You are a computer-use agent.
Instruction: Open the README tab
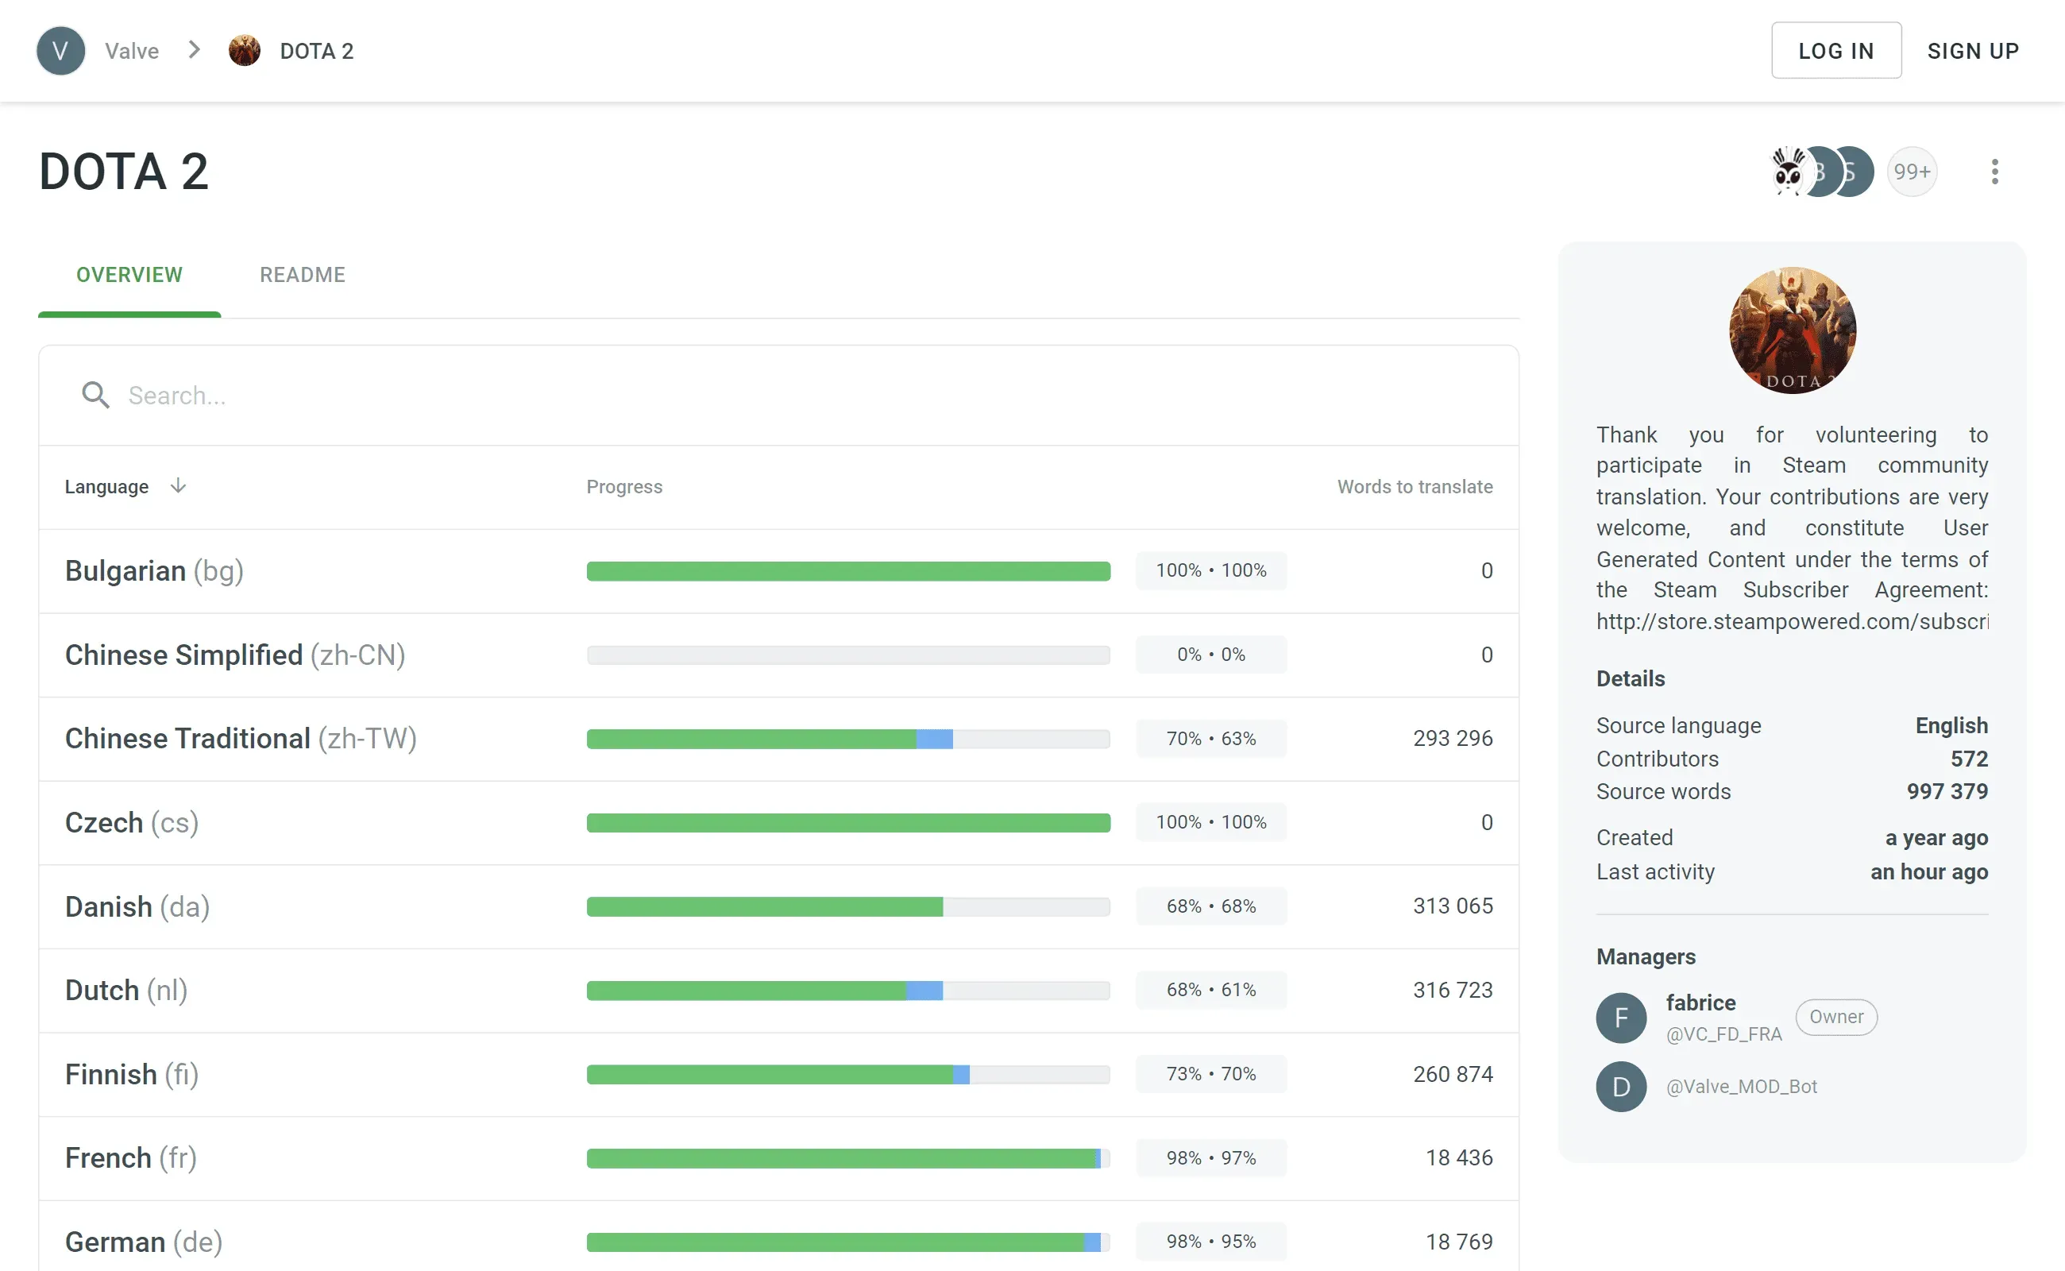coord(302,275)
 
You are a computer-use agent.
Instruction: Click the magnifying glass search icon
coord(95,395)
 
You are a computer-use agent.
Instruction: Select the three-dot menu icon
coord(1994,172)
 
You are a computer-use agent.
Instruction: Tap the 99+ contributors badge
coord(1911,172)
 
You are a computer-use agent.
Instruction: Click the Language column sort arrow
coord(178,486)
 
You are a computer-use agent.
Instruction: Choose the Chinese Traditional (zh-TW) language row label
coord(241,738)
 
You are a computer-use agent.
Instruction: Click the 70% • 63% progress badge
coord(1210,738)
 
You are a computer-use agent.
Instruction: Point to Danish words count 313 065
coord(1453,906)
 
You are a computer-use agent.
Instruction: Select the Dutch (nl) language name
coord(126,991)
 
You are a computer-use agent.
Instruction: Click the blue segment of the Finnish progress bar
coord(962,1074)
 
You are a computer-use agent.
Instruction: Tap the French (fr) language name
coord(130,1157)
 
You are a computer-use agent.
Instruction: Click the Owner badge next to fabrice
coord(1835,1017)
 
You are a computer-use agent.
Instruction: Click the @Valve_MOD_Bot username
coord(1742,1086)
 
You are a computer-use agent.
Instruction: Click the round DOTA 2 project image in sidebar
coord(1792,330)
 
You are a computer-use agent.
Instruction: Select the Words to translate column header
coord(1415,486)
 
